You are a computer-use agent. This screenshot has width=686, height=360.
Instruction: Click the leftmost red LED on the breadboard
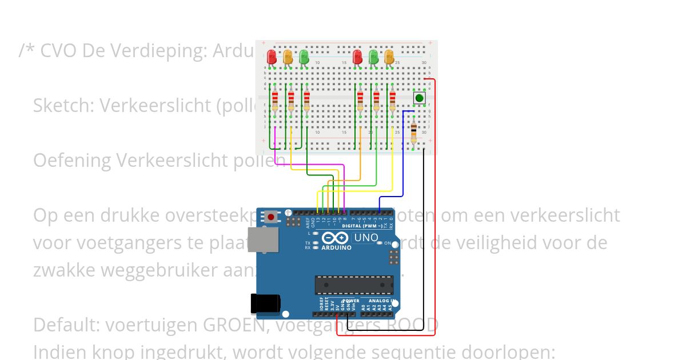[272, 57]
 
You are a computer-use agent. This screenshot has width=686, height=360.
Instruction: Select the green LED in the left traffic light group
[304, 57]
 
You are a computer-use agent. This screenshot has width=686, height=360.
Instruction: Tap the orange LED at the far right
[389, 57]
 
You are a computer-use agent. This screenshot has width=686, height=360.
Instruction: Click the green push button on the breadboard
[420, 98]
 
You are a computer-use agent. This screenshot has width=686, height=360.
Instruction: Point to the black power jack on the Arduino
[265, 305]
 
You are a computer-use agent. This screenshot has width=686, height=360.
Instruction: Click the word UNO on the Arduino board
[366, 237]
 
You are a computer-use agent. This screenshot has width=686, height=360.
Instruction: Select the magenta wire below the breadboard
[309, 165]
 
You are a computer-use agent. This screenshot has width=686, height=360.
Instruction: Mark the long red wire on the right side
[435, 200]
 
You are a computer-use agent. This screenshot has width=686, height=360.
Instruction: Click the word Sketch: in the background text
[63, 105]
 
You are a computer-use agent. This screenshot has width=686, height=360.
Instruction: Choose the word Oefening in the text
[72, 161]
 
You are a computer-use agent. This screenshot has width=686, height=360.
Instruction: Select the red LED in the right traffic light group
[357, 57]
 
